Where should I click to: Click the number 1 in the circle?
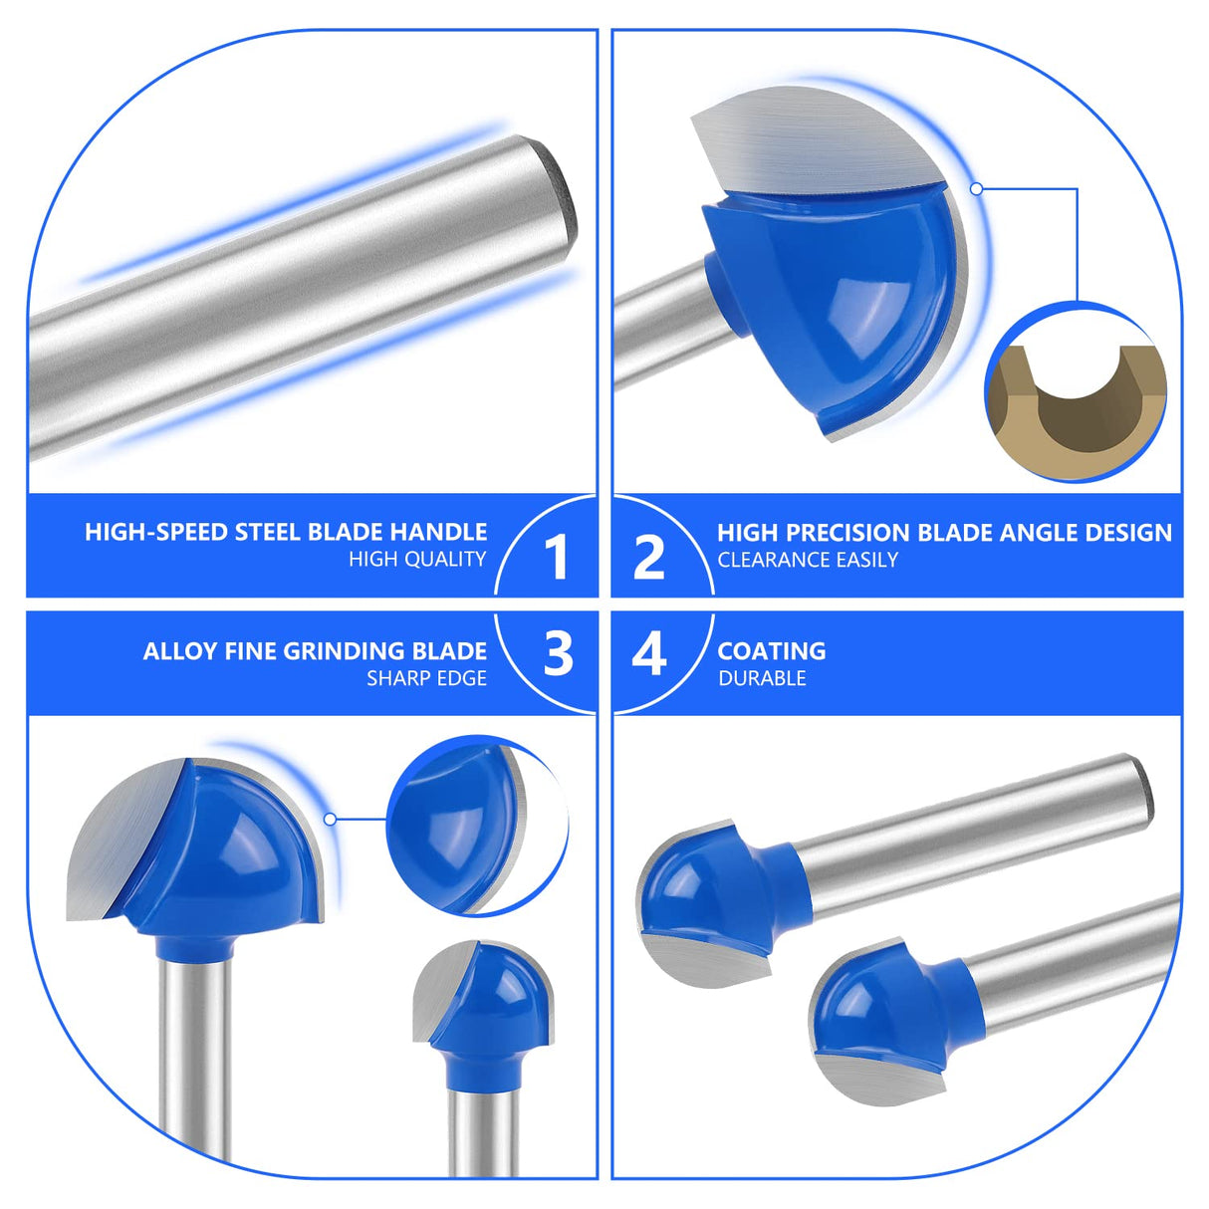pos(557,557)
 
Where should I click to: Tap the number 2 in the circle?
pos(648,557)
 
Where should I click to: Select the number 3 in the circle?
pos(559,654)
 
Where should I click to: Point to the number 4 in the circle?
pos(649,654)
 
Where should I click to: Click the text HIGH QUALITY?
pos(417,560)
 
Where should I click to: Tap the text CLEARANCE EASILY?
pos(808,561)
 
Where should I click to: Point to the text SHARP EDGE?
pos(426,679)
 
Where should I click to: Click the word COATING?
pos(772,651)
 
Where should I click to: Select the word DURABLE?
pos(762,679)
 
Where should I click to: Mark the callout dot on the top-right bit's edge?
pos(977,188)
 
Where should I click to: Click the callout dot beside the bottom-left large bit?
pos(330,819)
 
